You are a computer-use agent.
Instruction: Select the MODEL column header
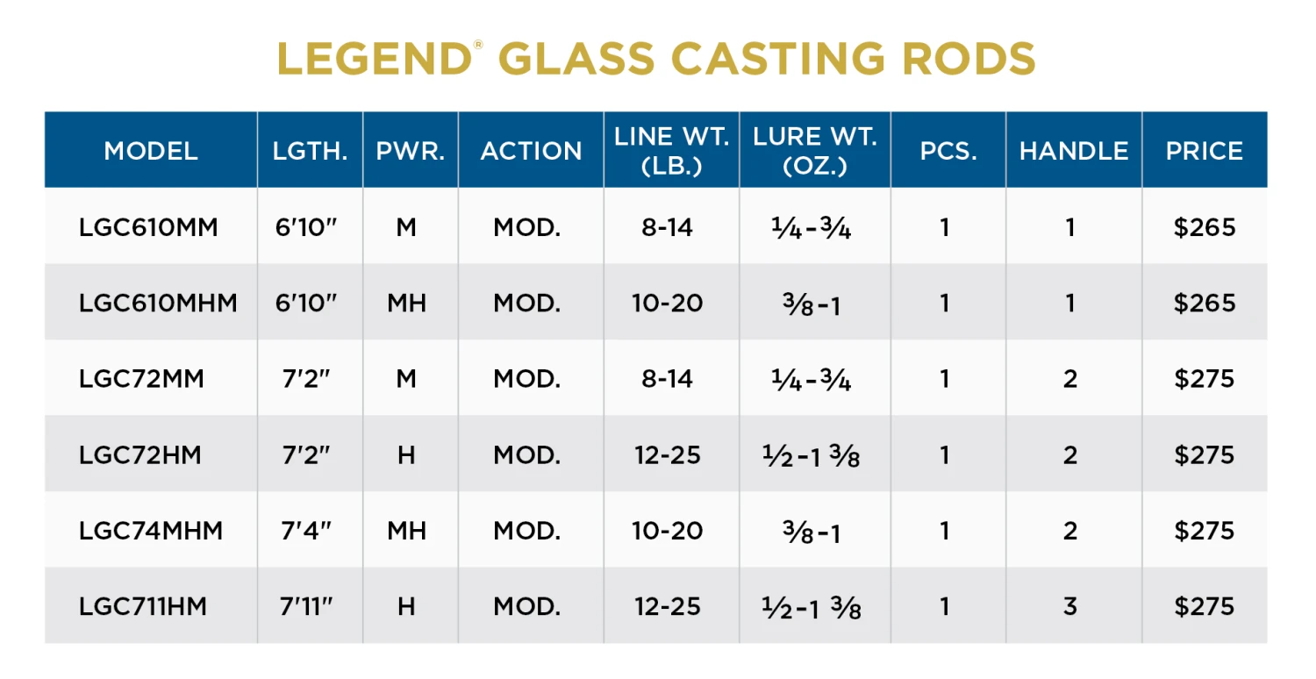tap(151, 151)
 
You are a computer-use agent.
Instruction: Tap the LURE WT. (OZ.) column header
tap(814, 150)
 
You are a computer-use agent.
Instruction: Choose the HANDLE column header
tap(1073, 151)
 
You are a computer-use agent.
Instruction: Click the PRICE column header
tap(1204, 151)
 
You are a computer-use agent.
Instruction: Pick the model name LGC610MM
tap(148, 227)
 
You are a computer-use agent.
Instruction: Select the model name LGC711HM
tap(143, 606)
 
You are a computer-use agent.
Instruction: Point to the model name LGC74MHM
tap(151, 531)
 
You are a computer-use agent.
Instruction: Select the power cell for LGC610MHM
tap(406, 304)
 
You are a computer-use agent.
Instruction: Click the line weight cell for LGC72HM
tap(667, 454)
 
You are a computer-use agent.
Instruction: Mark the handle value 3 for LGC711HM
tap(1070, 606)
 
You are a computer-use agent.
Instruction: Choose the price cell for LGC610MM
tap(1204, 227)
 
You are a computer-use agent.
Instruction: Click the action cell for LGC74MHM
tap(526, 531)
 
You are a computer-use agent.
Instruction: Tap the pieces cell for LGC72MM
tap(945, 379)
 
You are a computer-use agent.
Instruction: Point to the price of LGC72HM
tap(1204, 454)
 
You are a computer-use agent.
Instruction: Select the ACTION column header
tap(531, 151)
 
